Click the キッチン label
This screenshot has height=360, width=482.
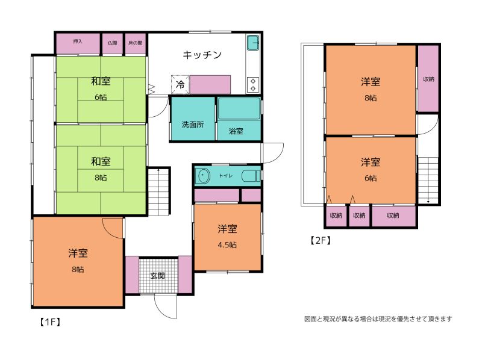tap(202, 55)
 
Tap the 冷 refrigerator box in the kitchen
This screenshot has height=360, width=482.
tap(180, 84)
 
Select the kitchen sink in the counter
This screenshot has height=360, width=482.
tap(253, 43)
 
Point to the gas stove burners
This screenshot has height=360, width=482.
tap(253, 85)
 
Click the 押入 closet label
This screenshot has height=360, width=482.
tap(78, 42)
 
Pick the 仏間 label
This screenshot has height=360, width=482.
tap(113, 43)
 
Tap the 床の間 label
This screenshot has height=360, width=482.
tap(135, 43)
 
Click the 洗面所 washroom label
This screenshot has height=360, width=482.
tap(193, 125)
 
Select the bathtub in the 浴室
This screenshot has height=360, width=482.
tap(239, 109)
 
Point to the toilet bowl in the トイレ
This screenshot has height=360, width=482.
tap(251, 176)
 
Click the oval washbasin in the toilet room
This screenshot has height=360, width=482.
tap(202, 176)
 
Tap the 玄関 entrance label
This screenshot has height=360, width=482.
tap(158, 276)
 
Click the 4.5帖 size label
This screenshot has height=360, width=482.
tap(227, 245)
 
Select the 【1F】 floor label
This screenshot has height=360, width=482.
tap(50, 322)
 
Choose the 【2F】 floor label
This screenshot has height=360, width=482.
tap(321, 240)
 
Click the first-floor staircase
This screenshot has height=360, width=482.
tap(158, 191)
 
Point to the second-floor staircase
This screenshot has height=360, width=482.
tap(428, 181)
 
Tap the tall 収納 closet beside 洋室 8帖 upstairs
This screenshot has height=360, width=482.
tap(428, 79)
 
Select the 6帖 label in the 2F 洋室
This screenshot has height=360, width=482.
tap(371, 178)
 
